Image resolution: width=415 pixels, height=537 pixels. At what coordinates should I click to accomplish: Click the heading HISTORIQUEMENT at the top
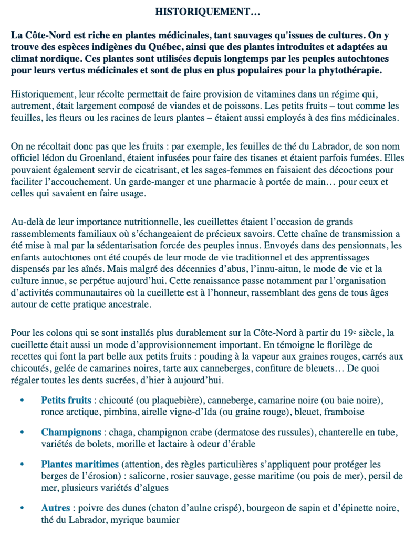[208, 10]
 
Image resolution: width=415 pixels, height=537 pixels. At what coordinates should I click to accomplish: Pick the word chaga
[119, 433]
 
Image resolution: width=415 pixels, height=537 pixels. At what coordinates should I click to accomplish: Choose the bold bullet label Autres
[56, 509]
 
